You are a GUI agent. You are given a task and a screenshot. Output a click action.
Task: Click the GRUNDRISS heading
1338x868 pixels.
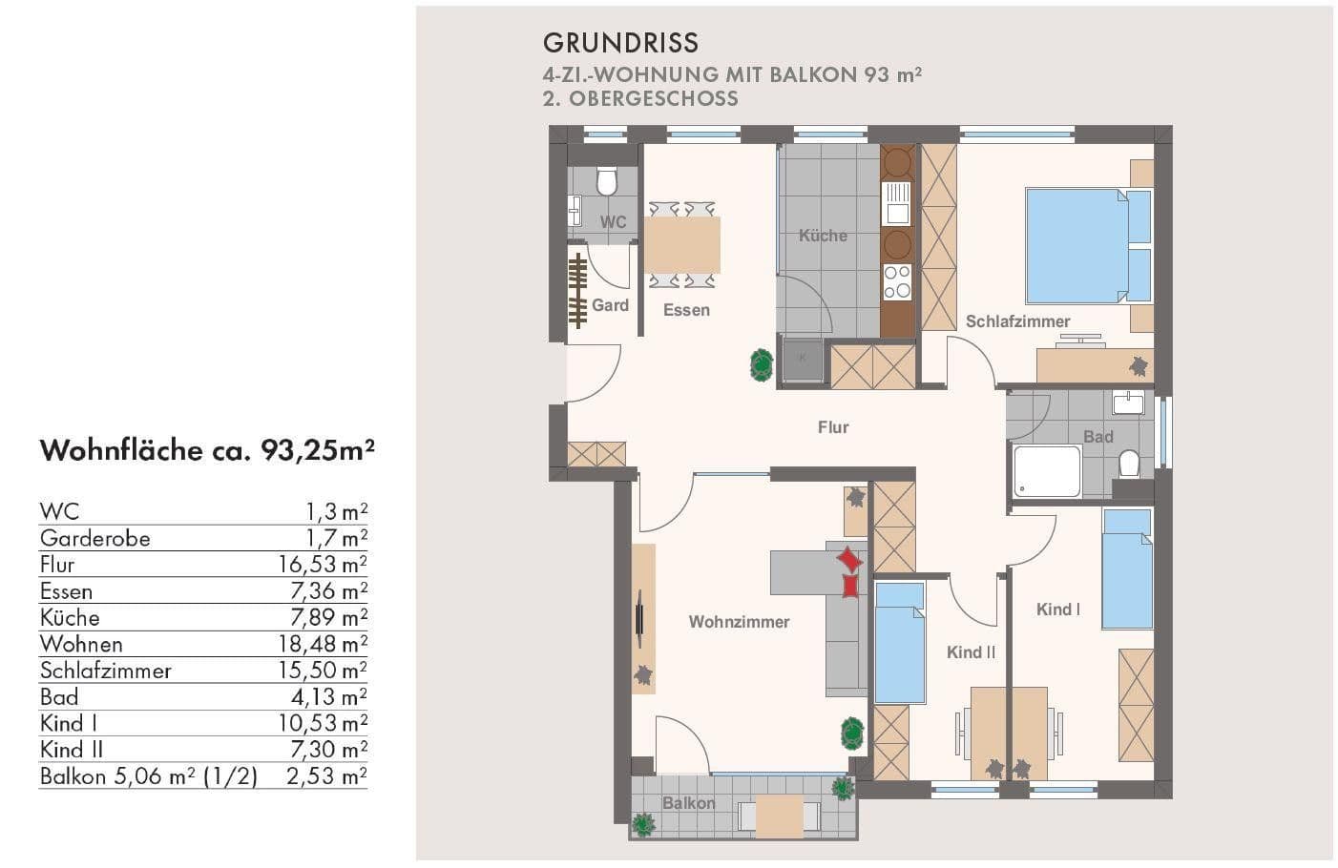coord(620,43)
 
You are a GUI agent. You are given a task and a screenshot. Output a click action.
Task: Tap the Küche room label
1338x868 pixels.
coord(823,236)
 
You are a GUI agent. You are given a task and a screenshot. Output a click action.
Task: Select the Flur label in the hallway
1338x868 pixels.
coord(832,427)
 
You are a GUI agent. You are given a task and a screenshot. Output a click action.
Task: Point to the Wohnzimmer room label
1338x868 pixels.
coord(739,622)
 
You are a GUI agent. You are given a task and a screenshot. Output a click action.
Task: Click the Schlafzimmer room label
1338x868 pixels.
coord(1017,321)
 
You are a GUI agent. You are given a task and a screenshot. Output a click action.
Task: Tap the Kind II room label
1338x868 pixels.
coord(971,652)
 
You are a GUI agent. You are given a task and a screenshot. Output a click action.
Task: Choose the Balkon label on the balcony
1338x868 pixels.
coord(688,803)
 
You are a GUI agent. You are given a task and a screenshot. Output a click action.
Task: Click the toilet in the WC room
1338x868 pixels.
coord(607,180)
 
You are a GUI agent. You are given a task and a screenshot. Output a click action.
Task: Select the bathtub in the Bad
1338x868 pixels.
coord(1047,471)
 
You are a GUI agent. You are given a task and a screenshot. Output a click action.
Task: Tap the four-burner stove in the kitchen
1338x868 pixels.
coord(897,281)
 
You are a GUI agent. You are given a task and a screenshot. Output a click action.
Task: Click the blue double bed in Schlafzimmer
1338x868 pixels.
coord(1086,245)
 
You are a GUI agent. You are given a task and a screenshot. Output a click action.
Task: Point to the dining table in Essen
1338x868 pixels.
coord(681,245)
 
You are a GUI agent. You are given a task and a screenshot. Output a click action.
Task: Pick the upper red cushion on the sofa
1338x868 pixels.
coord(848,559)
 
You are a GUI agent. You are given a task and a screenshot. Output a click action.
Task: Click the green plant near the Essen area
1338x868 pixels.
coord(761,364)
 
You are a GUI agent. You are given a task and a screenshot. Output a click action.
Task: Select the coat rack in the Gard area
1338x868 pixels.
coord(576,291)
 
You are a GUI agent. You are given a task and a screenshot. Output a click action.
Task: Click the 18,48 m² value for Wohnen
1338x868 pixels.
coord(323,644)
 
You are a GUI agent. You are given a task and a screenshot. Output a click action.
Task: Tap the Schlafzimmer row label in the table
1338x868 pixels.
coord(105,671)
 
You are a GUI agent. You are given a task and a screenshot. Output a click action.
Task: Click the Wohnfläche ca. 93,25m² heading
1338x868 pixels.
coord(206,450)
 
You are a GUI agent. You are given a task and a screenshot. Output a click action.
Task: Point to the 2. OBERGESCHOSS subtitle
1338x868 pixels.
coord(640,98)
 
